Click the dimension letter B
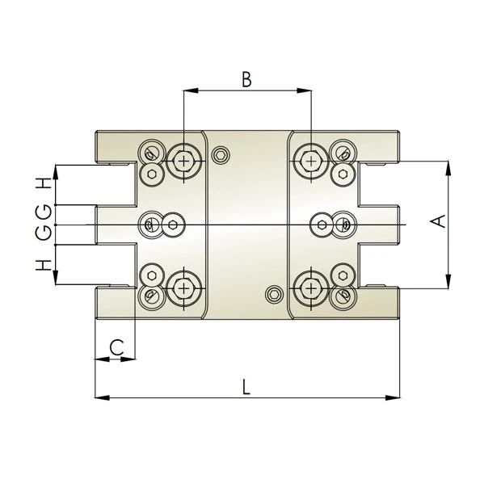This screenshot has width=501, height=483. (246, 79)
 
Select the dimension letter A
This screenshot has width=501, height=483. (438, 220)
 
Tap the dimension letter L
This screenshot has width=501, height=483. (246, 386)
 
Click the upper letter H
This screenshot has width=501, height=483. (45, 183)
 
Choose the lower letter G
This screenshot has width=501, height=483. (45, 233)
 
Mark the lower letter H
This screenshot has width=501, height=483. (45, 263)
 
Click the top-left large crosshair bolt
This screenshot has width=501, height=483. (185, 162)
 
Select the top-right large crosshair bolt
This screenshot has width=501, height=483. (311, 162)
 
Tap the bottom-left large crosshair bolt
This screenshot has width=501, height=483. (185, 288)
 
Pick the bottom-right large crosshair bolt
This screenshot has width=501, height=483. (311, 288)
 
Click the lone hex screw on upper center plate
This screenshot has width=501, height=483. (220, 155)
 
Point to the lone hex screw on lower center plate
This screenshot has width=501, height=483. (276, 293)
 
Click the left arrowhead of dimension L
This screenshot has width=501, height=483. (101, 397)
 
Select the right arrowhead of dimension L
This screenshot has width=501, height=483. (395, 397)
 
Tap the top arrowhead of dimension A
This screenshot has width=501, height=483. (449, 166)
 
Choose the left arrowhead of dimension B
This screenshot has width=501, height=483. (189, 90)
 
